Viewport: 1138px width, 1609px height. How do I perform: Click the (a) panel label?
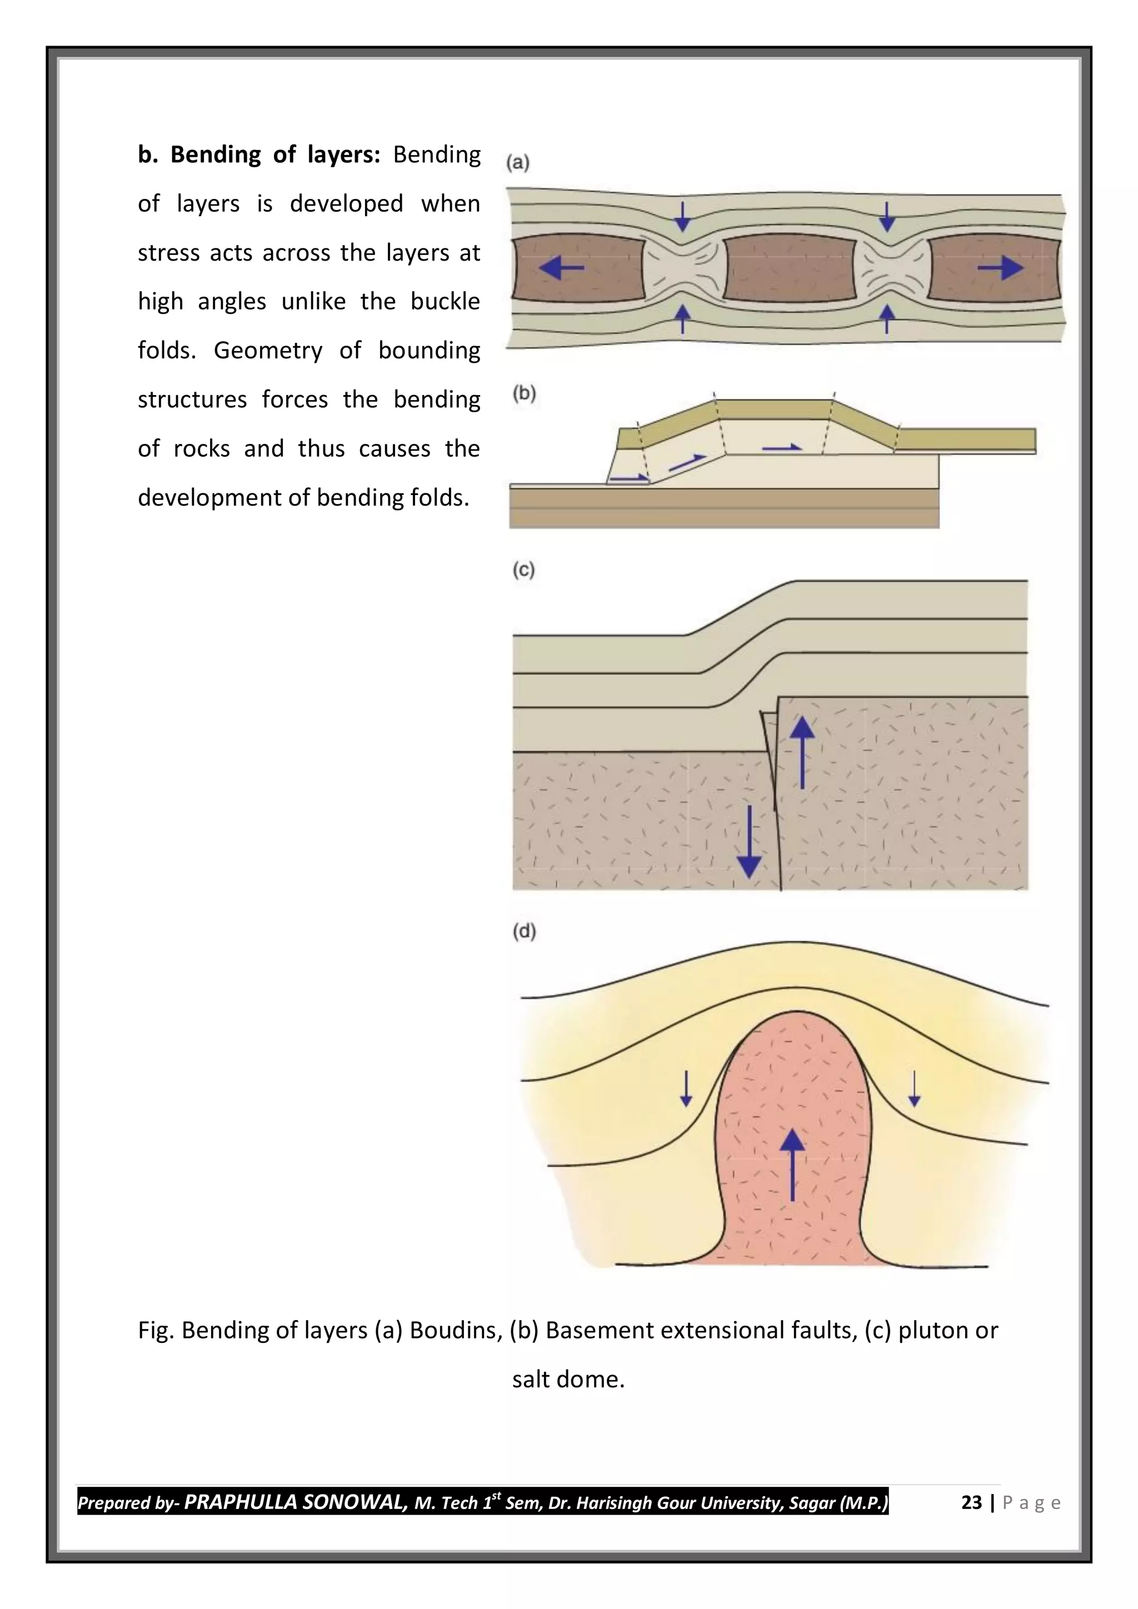click(x=518, y=163)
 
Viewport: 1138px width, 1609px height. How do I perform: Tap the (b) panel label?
click(x=524, y=393)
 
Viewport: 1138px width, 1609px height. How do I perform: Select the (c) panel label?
click(x=523, y=569)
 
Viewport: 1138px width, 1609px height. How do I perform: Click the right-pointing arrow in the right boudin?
click(x=1001, y=267)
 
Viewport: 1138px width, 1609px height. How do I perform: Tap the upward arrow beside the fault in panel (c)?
click(x=802, y=753)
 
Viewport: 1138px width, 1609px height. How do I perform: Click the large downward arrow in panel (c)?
click(x=749, y=842)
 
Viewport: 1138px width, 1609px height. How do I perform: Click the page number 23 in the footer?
click(x=971, y=1502)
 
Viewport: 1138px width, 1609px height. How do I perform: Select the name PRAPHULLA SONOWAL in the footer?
click(x=295, y=1502)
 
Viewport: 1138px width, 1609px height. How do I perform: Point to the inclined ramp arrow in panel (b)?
click(x=687, y=462)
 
